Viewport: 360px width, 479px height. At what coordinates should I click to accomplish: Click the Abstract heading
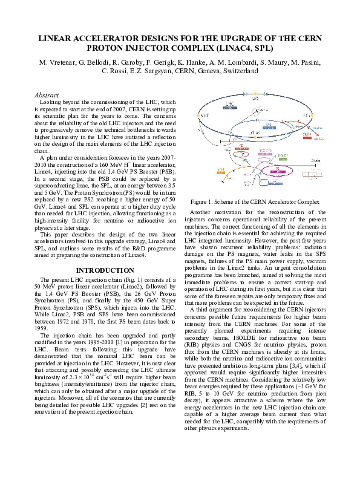(x=47, y=96)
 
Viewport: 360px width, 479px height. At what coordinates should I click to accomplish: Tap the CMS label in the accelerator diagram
(x=255, y=98)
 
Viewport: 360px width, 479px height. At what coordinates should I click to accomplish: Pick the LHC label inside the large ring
(x=230, y=104)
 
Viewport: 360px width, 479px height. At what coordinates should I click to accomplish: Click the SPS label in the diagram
(x=268, y=123)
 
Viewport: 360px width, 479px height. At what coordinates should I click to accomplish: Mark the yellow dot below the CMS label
(x=255, y=94)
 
